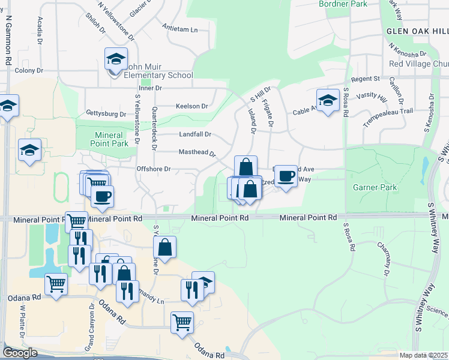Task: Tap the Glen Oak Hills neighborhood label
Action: pyautogui.click(x=417, y=31)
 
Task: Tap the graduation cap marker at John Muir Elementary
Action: pyautogui.click(x=116, y=59)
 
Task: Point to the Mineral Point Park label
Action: pyautogui.click(x=109, y=140)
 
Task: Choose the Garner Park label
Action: pyautogui.click(x=375, y=187)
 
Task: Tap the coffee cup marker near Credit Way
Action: pyautogui.click(x=286, y=176)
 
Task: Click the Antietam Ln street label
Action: pyautogui.click(x=180, y=28)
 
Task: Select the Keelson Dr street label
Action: pyautogui.click(x=191, y=106)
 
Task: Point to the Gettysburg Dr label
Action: pyautogui.click(x=106, y=113)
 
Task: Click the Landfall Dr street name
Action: pyautogui.click(x=195, y=134)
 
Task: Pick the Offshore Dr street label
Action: pyautogui.click(x=154, y=169)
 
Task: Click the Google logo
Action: pyautogui.click(x=20, y=353)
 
